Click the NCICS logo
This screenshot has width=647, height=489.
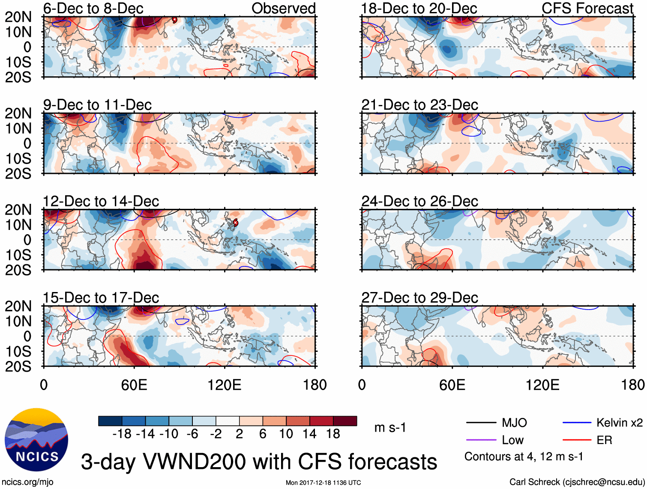(x=36, y=440)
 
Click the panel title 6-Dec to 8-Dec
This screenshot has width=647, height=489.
(x=93, y=8)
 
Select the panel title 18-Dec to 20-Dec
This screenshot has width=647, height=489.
(x=419, y=8)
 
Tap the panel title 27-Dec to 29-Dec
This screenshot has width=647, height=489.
(x=419, y=298)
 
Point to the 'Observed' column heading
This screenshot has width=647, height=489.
(x=283, y=8)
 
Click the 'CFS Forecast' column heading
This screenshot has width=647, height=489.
(x=587, y=8)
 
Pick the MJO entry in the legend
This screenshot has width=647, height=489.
(x=514, y=423)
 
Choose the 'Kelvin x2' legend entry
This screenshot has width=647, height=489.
(x=619, y=423)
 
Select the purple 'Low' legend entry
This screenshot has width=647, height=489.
(x=512, y=440)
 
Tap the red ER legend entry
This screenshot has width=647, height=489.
(x=604, y=440)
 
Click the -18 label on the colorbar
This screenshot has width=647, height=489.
(x=122, y=434)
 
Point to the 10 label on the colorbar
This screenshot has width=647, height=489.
(x=286, y=434)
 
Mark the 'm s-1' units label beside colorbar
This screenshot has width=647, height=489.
(x=390, y=428)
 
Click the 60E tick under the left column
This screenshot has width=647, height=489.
(x=134, y=385)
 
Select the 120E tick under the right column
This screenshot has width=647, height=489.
(x=542, y=385)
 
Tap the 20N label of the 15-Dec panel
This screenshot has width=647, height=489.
(x=18, y=307)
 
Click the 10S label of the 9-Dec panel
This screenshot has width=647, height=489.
(x=18, y=159)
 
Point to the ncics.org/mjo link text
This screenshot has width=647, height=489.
(x=27, y=482)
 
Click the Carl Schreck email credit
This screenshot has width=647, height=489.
(x=577, y=482)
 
